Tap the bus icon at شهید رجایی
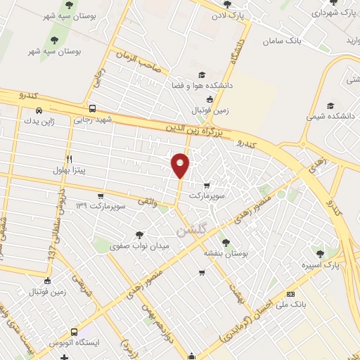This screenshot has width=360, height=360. pyautogui.click(x=93, y=109)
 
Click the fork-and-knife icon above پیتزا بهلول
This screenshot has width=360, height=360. pyautogui.click(x=69, y=159)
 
